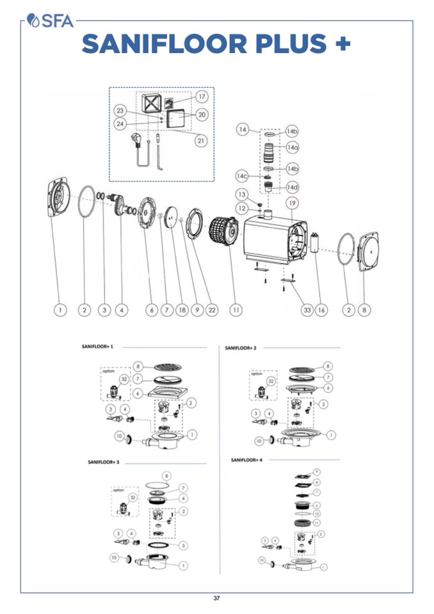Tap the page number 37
216,598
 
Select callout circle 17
202,97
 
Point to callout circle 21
201,140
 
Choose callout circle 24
120,124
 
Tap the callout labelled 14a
292,147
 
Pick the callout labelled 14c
242,175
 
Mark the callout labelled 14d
292,187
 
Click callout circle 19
293,204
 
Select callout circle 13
242,194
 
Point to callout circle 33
307,310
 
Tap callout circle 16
322,310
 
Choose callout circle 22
212,310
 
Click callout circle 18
182,310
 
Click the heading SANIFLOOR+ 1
97,346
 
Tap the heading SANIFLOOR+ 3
104,462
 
